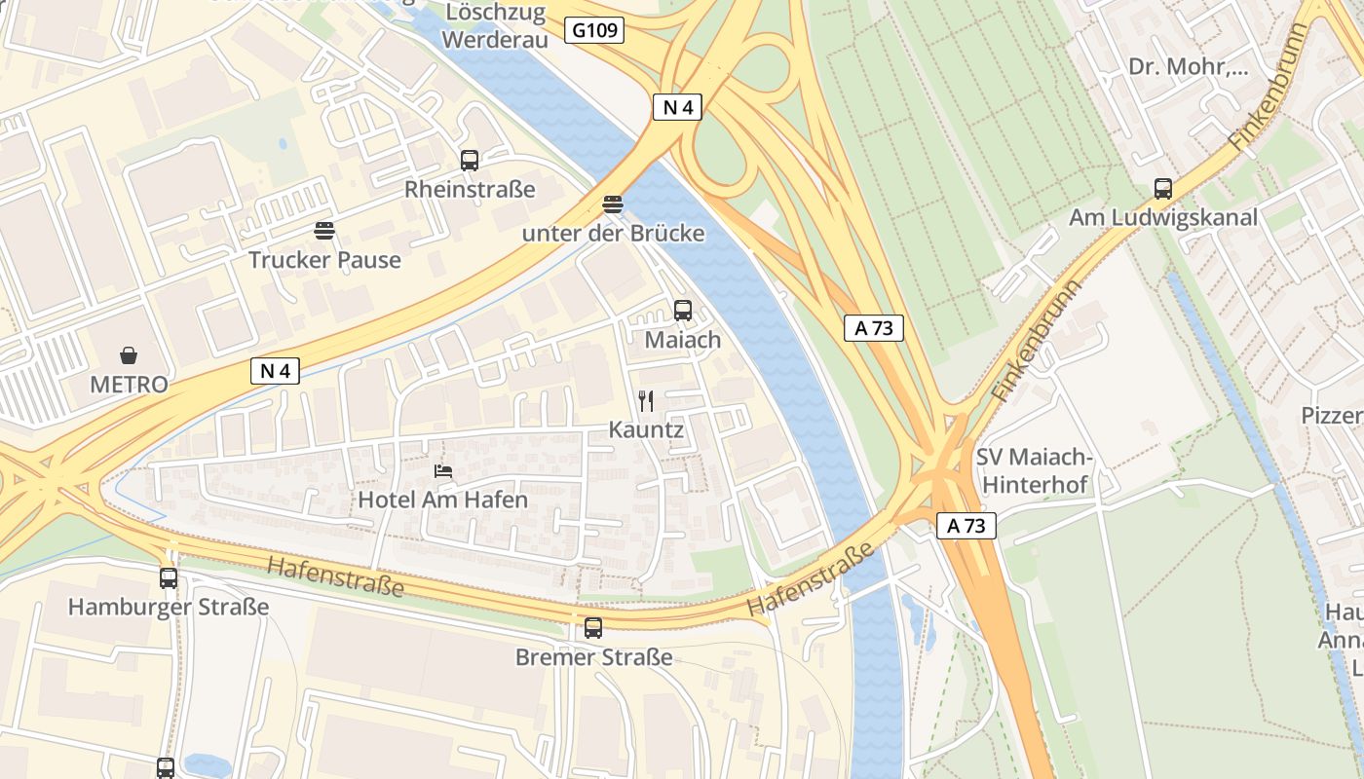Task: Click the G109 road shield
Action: point(593,30)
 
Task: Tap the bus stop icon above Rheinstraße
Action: point(470,161)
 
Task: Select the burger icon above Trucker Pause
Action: point(324,231)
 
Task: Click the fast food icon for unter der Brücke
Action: point(612,204)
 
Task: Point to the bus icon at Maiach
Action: point(683,311)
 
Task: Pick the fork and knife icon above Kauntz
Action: point(645,399)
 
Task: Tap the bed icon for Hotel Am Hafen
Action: point(443,470)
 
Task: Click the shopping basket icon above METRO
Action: point(129,354)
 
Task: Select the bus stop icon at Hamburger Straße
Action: point(169,578)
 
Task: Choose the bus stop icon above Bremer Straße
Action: point(593,628)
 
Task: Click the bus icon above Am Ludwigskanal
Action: point(1162,189)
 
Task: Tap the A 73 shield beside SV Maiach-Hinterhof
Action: point(966,526)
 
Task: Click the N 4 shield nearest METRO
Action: point(275,370)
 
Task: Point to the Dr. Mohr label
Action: point(1188,67)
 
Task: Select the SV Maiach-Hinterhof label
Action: point(1035,470)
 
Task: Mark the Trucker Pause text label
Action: point(324,260)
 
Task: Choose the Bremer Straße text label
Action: point(593,657)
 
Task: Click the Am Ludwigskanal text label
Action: point(1162,217)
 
